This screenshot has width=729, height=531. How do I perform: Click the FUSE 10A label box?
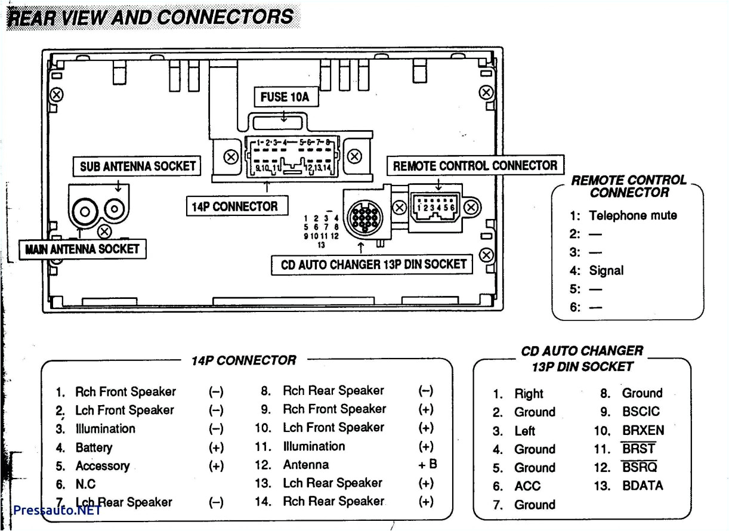click(x=285, y=97)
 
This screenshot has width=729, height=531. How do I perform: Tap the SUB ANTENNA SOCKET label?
click(x=138, y=166)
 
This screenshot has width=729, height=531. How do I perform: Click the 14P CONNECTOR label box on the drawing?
click(x=234, y=206)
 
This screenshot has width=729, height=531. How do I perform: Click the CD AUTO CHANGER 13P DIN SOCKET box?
click(x=373, y=264)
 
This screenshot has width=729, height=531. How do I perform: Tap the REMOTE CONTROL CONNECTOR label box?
click(x=475, y=165)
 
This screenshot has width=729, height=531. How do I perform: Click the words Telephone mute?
click(x=632, y=215)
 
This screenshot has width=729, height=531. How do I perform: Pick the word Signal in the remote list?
click(x=606, y=270)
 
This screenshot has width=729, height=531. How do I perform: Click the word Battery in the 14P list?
click(x=94, y=447)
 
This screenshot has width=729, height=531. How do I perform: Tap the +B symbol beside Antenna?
click(x=427, y=464)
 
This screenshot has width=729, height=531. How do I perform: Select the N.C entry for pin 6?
click(x=85, y=484)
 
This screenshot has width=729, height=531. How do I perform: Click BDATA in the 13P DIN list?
click(x=642, y=486)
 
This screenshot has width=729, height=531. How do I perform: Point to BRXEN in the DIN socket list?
click(x=642, y=430)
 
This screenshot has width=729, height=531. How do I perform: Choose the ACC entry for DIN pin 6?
click(x=527, y=486)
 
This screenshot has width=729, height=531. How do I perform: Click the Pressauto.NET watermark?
click(x=56, y=511)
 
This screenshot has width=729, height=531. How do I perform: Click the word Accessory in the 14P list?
click(x=102, y=466)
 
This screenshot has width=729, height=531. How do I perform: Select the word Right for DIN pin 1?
click(x=529, y=393)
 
